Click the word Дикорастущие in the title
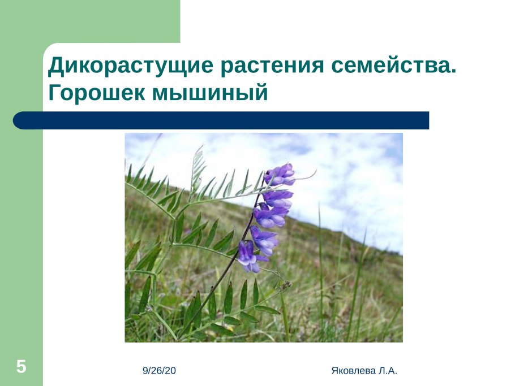pyautogui.click(x=132, y=67)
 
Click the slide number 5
pyautogui.click(x=22, y=367)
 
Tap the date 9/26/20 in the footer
pyautogui.click(x=160, y=371)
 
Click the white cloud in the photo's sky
pyautogui.click(x=351, y=187)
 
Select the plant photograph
pyautogui.click(x=264, y=237)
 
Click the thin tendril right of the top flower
pyautogui.click(x=306, y=176)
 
